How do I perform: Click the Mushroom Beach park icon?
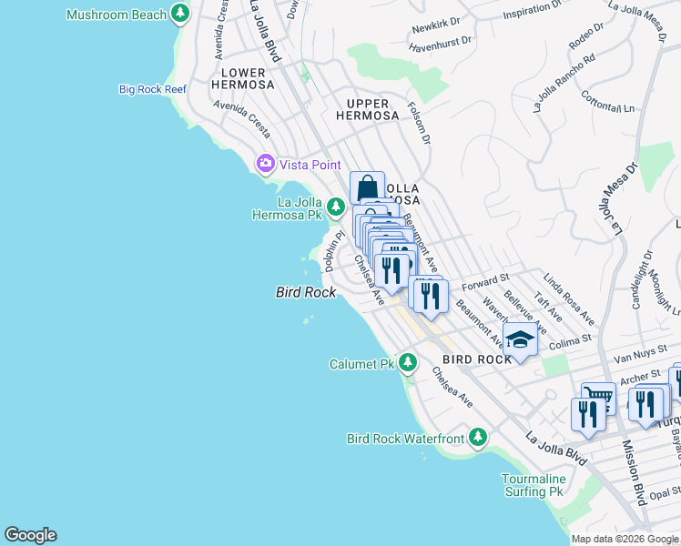pos(181,14)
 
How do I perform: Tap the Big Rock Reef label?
pos(151,89)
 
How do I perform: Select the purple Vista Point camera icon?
pos(265,164)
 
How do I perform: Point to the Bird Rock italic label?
pos(306,292)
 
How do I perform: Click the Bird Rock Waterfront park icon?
pos(477,439)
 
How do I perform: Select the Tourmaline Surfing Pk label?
pos(534,485)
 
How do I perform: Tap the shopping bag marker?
pos(367,188)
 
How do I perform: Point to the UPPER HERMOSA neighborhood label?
pos(367,109)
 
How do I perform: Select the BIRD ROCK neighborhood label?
pos(478,359)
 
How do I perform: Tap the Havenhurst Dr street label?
pos(442,40)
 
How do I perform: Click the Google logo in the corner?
pos(30,535)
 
